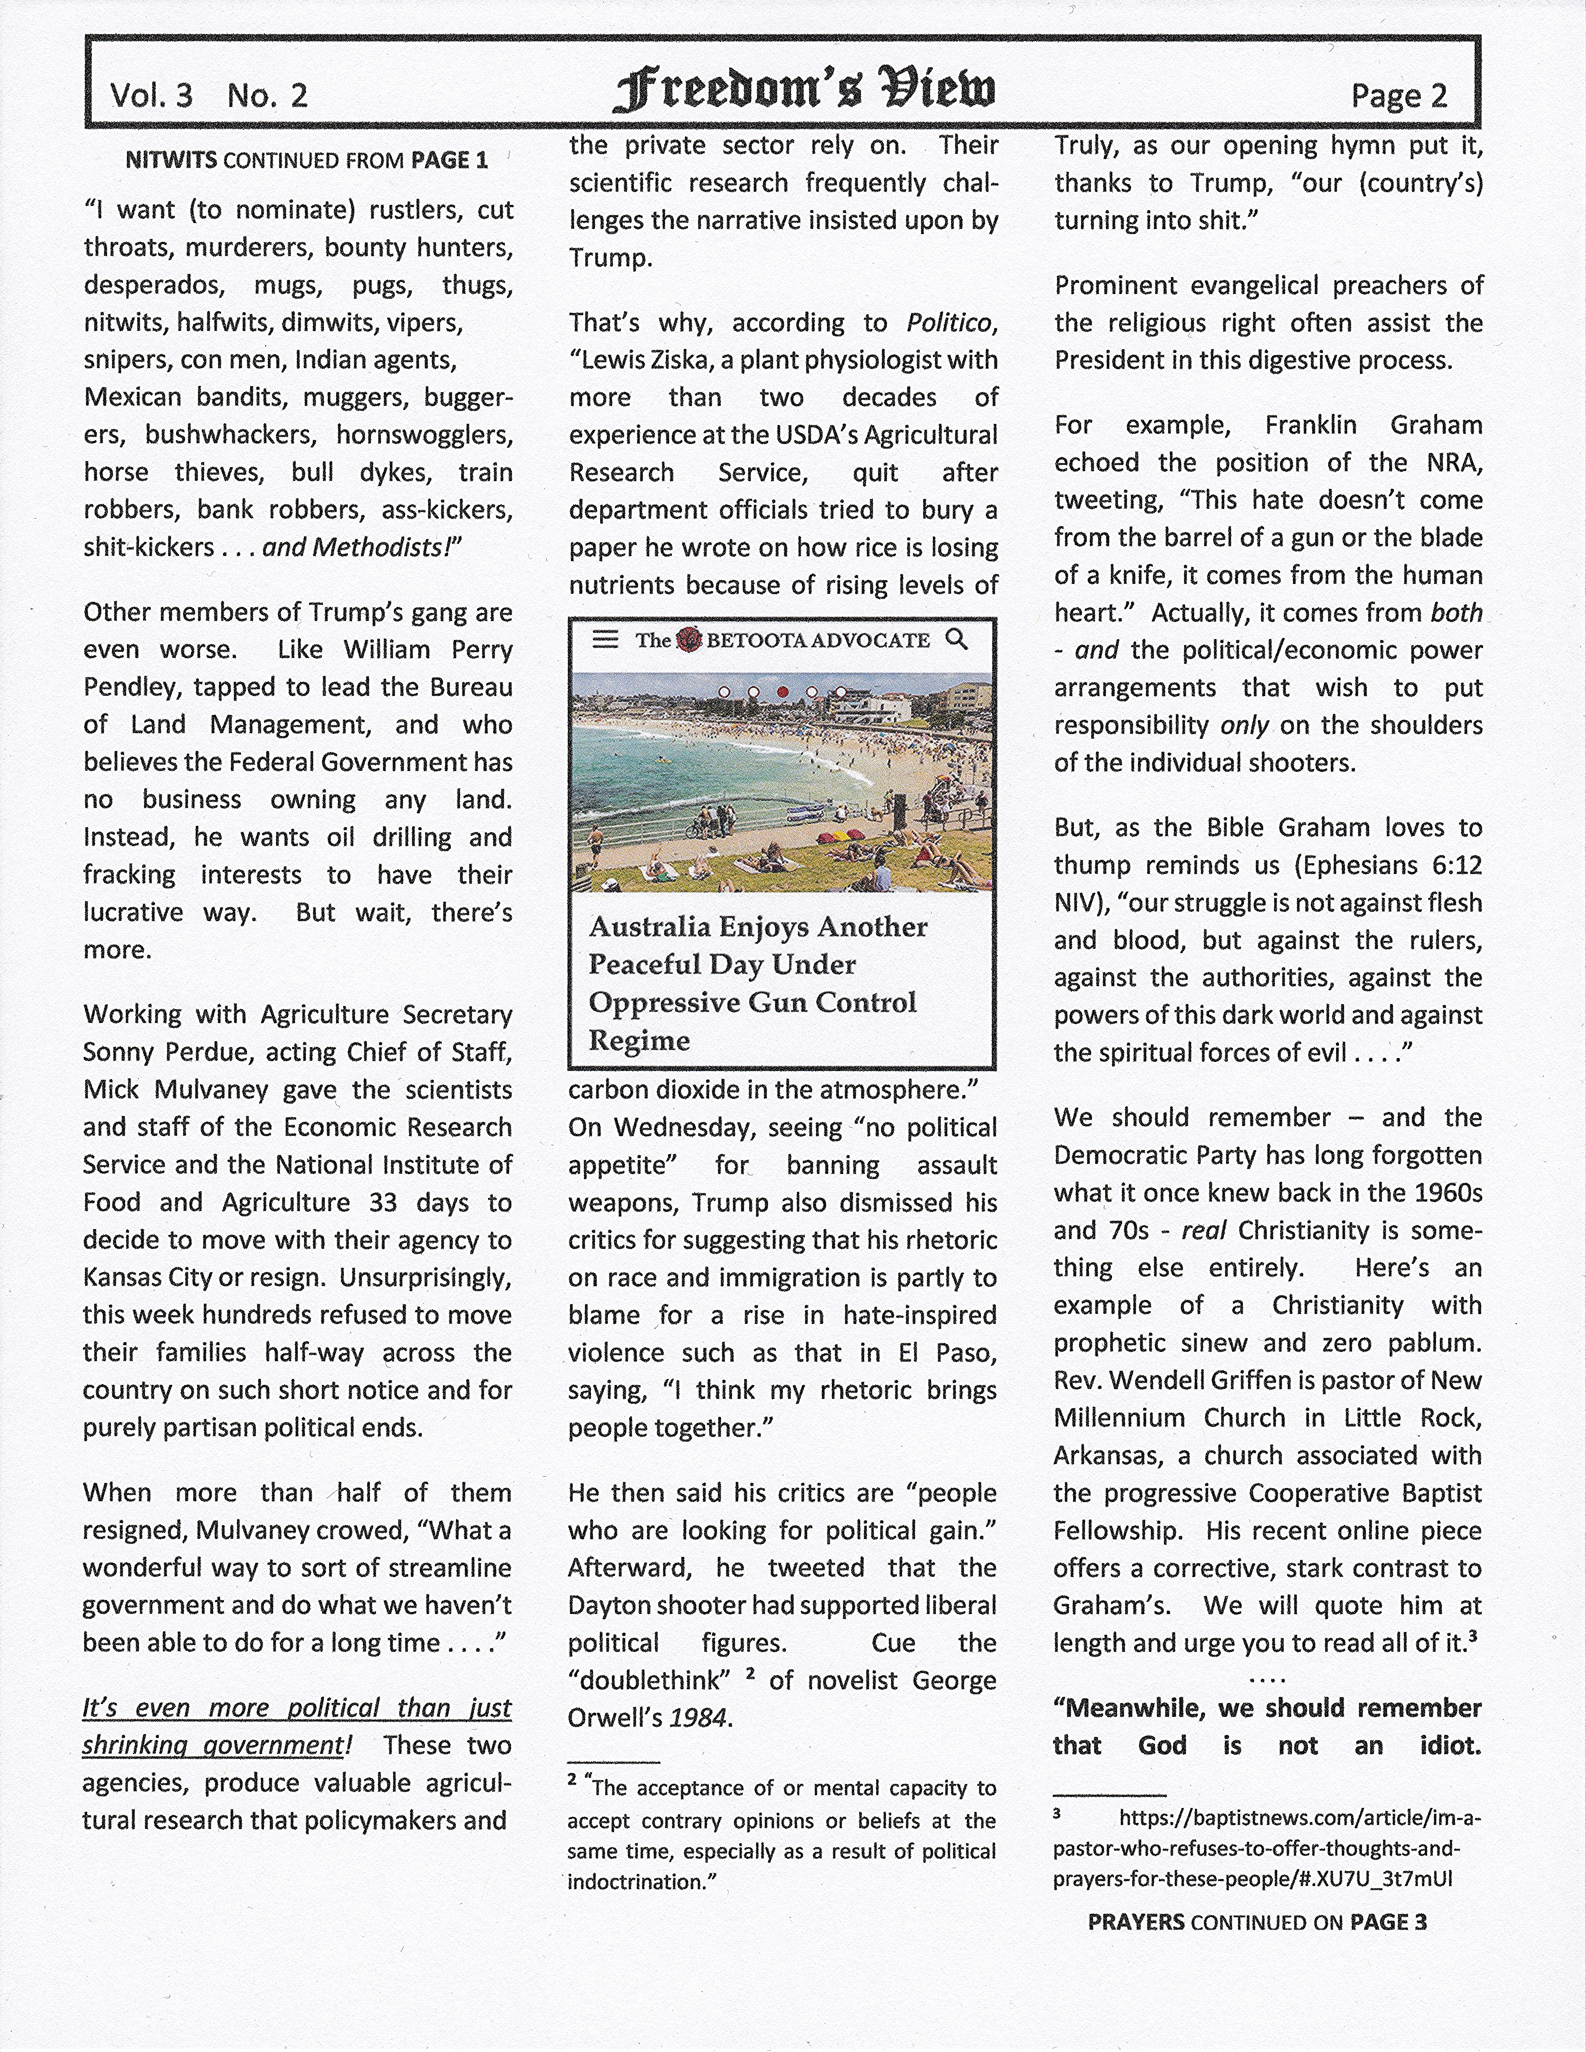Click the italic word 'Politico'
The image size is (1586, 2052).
pos(949,322)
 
